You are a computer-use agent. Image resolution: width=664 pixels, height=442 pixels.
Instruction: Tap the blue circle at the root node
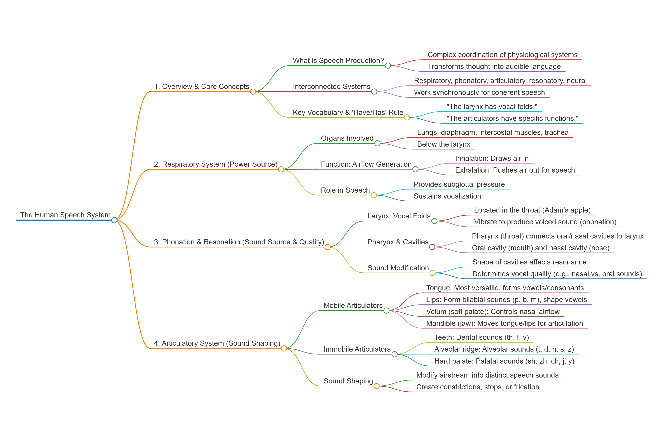point(114,220)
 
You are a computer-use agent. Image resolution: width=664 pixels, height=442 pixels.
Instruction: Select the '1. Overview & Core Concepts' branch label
point(202,87)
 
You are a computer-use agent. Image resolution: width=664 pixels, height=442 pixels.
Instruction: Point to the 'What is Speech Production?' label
point(338,61)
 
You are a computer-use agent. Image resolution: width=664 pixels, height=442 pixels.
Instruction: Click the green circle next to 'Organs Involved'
point(377,143)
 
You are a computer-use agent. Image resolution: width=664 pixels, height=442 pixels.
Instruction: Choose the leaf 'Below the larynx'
point(444,144)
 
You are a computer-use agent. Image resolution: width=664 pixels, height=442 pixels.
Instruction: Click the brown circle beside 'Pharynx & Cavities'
point(432,247)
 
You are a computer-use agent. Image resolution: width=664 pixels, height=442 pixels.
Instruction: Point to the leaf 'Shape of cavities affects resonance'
point(529,262)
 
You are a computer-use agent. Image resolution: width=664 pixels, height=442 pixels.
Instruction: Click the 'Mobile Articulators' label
point(353,306)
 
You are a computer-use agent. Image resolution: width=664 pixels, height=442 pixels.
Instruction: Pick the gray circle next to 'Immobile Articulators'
point(394,354)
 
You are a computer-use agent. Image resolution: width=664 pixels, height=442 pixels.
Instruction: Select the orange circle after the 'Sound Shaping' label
point(376,386)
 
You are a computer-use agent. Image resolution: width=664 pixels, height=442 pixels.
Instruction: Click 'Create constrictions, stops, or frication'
point(477,387)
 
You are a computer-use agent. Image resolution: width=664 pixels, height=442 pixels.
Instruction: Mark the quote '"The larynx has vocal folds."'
point(492,107)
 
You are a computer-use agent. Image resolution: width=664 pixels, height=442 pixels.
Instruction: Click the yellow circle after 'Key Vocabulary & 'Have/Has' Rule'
point(407,117)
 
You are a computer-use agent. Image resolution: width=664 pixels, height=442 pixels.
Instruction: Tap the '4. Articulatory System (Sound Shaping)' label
point(217,343)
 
